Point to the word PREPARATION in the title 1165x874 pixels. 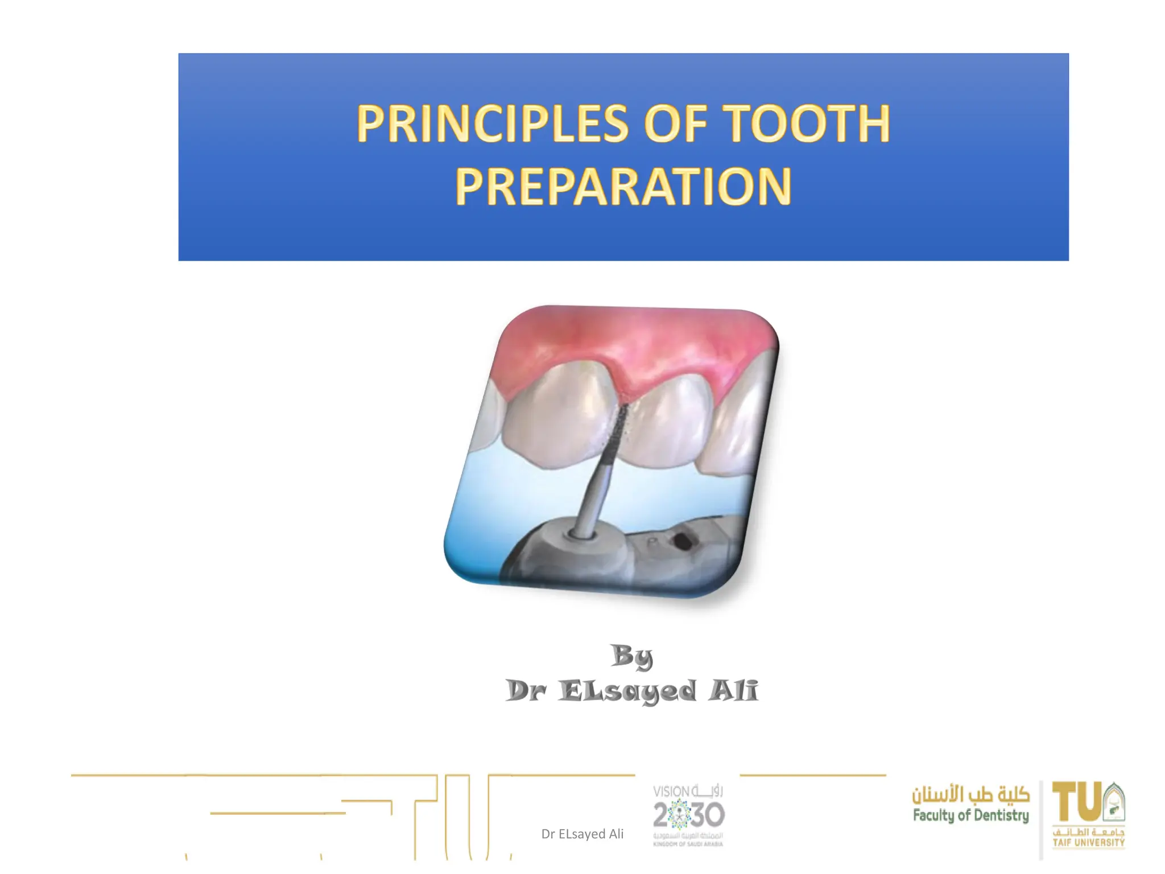click(623, 187)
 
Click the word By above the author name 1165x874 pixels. click(631, 657)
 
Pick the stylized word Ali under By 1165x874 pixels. click(734, 691)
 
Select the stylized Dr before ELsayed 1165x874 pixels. click(526, 691)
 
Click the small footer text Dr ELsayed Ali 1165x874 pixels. click(582, 834)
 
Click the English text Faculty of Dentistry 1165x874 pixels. click(970, 816)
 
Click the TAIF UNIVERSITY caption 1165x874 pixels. click(1088, 842)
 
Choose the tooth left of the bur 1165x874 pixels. click(557, 421)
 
